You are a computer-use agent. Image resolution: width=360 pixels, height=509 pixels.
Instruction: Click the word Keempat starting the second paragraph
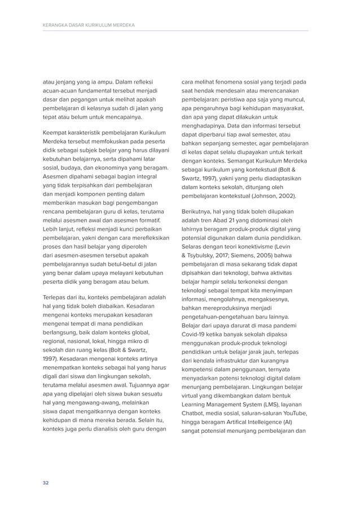point(58,133)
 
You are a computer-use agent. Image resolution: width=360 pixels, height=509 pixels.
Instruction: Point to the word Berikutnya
point(199,211)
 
